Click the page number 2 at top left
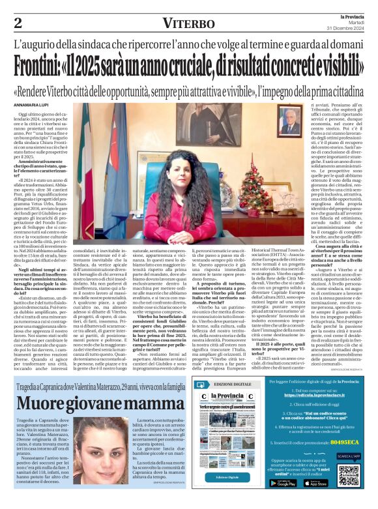[18, 22]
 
